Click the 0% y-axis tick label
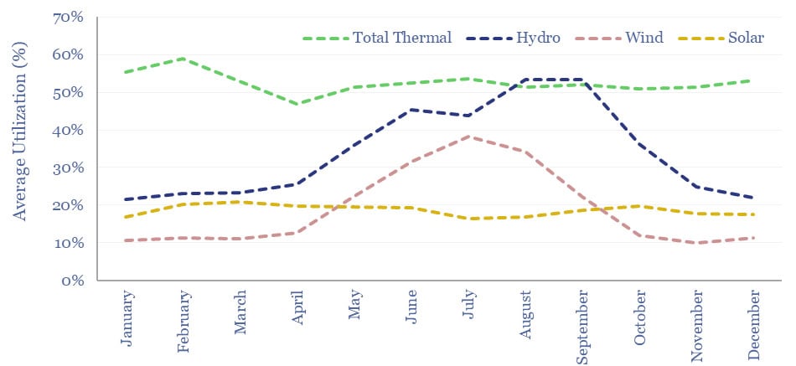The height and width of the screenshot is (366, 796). tap(73, 281)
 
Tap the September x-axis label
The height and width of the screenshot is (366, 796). tap(581, 326)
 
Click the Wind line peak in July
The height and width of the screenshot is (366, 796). tap(468, 137)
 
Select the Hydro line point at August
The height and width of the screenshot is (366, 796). tap(525, 80)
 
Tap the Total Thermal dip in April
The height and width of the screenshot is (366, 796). tap(297, 104)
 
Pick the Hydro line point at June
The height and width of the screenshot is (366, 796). tap(411, 110)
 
